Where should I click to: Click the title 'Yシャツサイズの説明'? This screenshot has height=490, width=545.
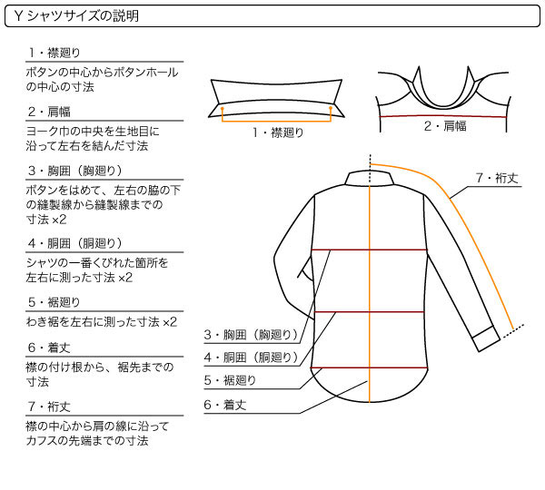(x=76, y=16)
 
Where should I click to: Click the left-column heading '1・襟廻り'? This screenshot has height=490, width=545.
(x=54, y=53)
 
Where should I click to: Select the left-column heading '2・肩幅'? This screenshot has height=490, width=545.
(x=50, y=112)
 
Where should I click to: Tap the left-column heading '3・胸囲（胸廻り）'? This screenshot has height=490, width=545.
(x=75, y=171)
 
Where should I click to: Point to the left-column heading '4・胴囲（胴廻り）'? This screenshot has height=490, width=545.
(x=75, y=243)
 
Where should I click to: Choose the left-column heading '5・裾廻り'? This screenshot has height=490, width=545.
(x=54, y=302)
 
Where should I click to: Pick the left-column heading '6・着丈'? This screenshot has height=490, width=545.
(x=50, y=348)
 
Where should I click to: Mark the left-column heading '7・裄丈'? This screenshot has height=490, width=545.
(x=50, y=407)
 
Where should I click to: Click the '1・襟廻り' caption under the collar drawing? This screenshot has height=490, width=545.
(x=278, y=132)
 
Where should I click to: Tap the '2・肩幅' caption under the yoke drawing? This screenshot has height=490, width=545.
(x=445, y=126)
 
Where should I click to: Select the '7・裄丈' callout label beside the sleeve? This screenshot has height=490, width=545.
(x=498, y=178)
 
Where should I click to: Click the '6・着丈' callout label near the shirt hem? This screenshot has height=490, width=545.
(x=225, y=405)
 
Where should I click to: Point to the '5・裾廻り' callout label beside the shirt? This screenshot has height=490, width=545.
(x=230, y=380)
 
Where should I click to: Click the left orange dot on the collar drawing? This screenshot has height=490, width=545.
(x=223, y=108)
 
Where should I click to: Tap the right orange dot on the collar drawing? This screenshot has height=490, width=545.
(x=331, y=108)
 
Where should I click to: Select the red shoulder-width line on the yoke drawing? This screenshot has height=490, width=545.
(x=443, y=116)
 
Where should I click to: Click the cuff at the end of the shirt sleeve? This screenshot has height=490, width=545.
(x=486, y=338)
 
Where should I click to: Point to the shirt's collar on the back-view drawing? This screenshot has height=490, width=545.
(x=370, y=178)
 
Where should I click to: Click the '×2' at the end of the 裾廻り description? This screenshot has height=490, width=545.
(x=170, y=322)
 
